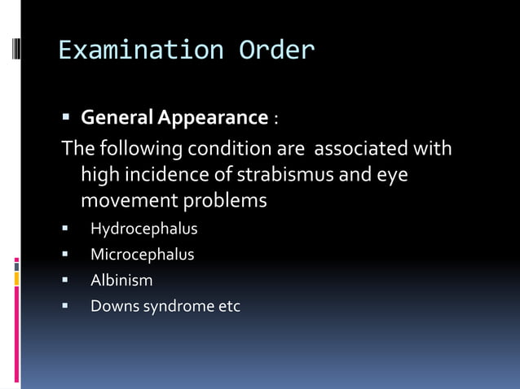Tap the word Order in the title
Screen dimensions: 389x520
(276, 50)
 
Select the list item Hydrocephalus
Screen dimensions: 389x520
(143, 229)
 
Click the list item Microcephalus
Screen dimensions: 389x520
(142, 255)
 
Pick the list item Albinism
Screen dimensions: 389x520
(121, 281)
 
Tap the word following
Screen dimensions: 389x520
(141, 150)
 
